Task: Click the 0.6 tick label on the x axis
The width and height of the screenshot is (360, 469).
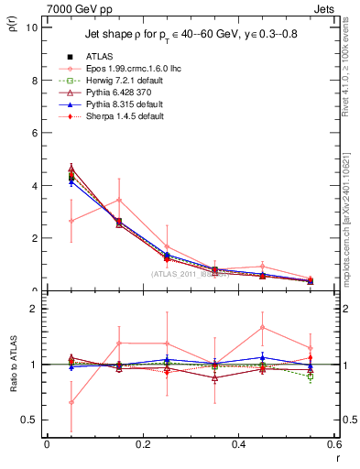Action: pos(334,444)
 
